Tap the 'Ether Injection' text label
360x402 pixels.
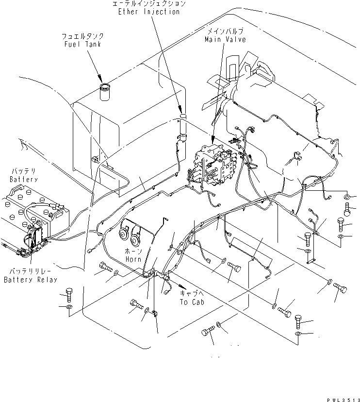point(149,12)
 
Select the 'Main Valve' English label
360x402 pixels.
point(225,39)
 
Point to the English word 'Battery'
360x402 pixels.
point(24,180)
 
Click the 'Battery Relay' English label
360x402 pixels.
point(30,280)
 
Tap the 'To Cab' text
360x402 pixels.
point(192,302)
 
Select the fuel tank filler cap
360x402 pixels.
point(105,92)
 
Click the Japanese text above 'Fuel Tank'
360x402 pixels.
point(82,36)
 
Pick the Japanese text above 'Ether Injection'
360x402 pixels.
point(148,3)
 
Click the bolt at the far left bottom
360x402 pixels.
point(68,294)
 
